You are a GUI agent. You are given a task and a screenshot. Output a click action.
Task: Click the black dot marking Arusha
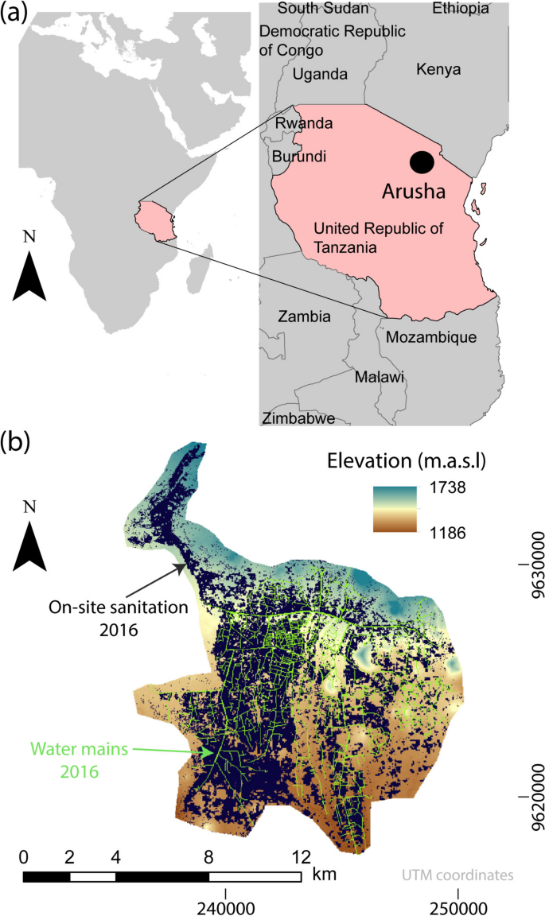[422, 162]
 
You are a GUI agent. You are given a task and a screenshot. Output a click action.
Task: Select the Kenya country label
[438, 70]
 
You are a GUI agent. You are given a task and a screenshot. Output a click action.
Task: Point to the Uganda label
[320, 74]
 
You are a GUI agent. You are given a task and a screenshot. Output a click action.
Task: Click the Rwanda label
[303, 124]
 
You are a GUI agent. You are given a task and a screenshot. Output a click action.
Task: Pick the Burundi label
[299, 157]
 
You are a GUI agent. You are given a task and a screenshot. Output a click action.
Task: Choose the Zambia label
[304, 316]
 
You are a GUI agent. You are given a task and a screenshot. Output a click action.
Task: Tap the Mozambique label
[430, 337]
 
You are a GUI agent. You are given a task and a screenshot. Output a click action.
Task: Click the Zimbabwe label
[298, 418]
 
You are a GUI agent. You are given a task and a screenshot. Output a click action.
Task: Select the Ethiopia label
[461, 9]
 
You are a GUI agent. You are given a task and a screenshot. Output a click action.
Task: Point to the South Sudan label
[323, 9]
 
